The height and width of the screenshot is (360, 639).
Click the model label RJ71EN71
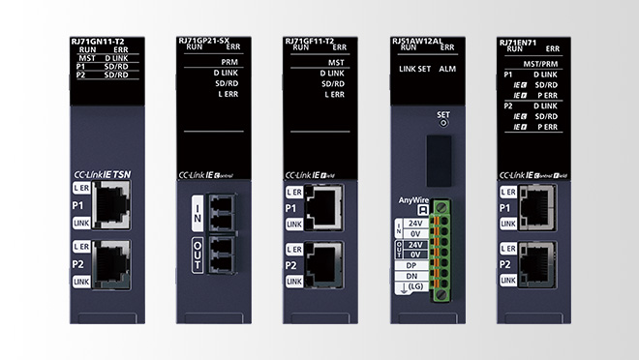click(x=521, y=42)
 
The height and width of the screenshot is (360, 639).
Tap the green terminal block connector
click(x=443, y=247)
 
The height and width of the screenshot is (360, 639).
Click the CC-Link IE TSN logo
click(x=107, y=175)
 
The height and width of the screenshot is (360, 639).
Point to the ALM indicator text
click(x=447, y=68)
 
